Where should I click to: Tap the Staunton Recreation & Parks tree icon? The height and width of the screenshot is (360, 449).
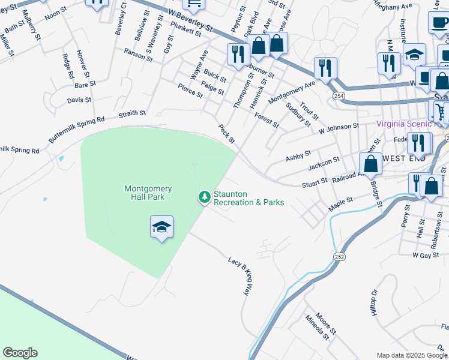(x=205, y=196)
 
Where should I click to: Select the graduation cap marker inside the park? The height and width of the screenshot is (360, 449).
(x=161, y=227)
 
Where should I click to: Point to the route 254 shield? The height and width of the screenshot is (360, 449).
(x=340, y=96)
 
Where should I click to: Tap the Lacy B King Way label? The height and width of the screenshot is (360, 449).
(x=238, y=276)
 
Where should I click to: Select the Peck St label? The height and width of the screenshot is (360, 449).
(x=226, y=134)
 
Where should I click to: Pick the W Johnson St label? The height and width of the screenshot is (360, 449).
(x=339, y=127)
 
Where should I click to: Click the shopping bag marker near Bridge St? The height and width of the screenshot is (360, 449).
(x=371, y=163)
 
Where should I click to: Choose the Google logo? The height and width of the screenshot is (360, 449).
(x=20, y=353)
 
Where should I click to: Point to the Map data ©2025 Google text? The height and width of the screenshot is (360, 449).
(x=411, y=355)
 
